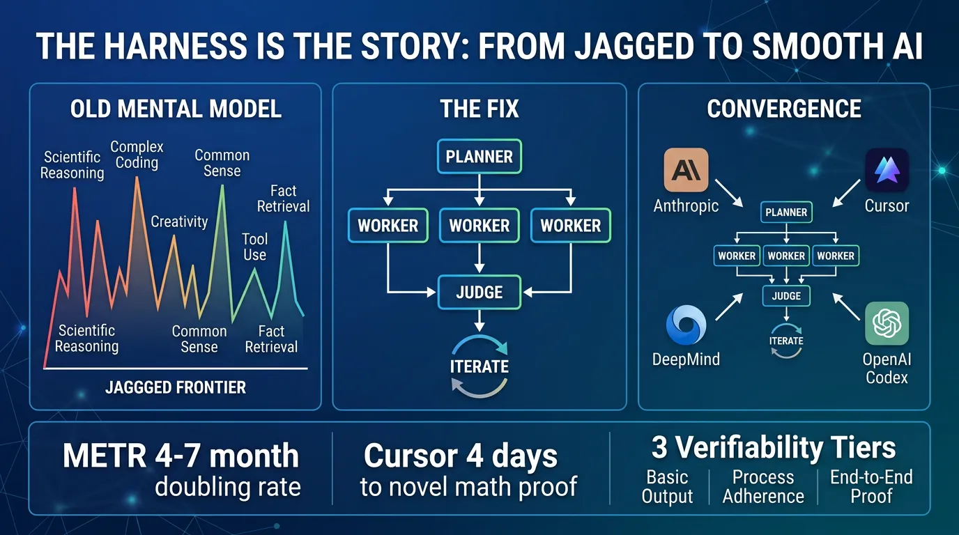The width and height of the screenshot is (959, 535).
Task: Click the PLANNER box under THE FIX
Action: tap(479, 156)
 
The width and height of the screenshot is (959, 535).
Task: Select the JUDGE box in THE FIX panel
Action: tap(479, 293)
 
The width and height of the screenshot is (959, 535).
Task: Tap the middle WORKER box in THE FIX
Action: tap(479, 226)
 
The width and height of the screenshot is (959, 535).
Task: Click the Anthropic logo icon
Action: tap(686, 170)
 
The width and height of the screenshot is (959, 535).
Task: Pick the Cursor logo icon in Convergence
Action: tap(887, 170)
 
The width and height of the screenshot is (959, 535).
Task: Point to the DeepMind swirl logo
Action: tap(686, 325)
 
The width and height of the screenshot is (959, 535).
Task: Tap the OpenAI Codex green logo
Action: tap(887, 323)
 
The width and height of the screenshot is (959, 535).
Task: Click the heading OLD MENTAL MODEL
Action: tap(176, 109)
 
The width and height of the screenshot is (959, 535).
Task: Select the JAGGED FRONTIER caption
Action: tap(176, 387)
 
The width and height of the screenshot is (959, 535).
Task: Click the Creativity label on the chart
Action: tap(179, 222)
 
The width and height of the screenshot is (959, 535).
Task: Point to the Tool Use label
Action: tap(255, 247)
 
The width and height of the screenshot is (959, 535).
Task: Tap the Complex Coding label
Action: tap(137, 155)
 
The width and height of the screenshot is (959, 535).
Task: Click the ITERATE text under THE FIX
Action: tap(479, 367)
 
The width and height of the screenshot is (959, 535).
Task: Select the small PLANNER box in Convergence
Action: tap(786, 212)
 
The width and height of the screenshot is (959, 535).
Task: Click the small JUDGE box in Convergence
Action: tap(786, 296)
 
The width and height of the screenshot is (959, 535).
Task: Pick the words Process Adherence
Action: tap(763, 487)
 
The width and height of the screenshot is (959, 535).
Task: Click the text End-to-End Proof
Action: tap(871, 487)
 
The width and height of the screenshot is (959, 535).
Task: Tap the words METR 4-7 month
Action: tap(181, 456)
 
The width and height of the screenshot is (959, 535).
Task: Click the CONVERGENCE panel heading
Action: tap(784, 109)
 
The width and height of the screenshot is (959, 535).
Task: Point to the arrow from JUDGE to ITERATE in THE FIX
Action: tap(479, 320)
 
